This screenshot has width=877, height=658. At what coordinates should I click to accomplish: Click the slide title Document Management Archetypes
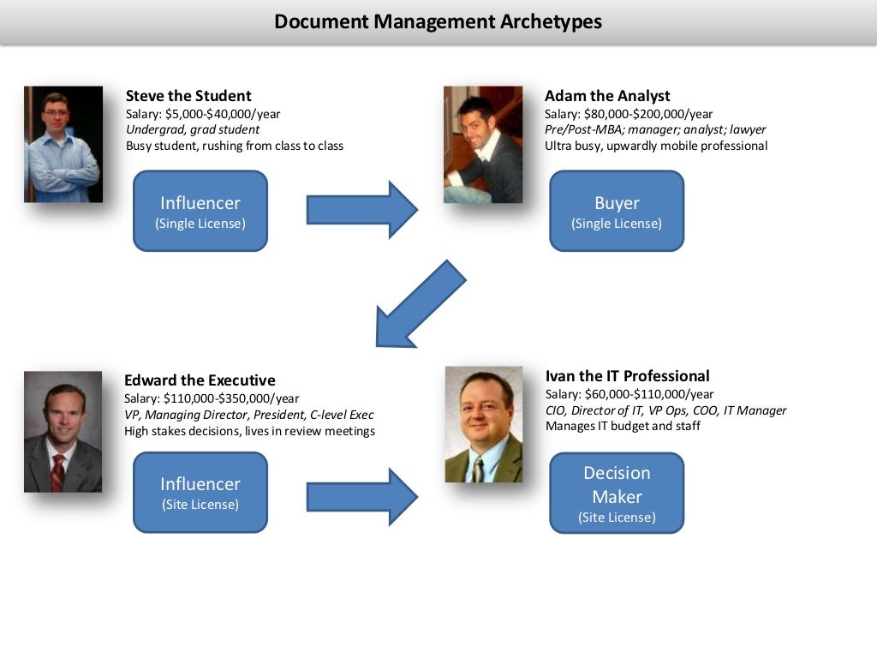point(438,21)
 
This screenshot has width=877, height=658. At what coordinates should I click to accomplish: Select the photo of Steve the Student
point(63,144)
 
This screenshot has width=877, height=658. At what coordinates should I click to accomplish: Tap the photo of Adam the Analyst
point(482,144)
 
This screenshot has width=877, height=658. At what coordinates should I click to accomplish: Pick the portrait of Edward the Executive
point(63,431)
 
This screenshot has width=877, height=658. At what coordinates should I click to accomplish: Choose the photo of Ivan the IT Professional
point(484,424)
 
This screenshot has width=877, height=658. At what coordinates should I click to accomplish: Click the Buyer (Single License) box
point(617,211)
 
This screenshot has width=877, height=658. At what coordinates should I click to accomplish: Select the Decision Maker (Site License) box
point(617,493)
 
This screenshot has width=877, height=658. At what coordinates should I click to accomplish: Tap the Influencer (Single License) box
point(200,211)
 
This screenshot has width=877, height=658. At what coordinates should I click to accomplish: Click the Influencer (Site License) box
point(200,493)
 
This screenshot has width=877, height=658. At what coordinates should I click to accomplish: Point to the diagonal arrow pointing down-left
point(420,304)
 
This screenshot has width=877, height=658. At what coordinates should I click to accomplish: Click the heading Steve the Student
point(188,96)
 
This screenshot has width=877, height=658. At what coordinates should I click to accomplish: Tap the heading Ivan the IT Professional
point(627,376)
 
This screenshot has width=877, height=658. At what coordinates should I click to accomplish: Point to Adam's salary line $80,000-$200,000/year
point(629,114)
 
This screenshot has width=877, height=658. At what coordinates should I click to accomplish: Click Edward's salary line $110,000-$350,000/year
point(212,398)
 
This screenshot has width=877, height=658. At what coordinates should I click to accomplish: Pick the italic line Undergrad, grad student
point(193,129)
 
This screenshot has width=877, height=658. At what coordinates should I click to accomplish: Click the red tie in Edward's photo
point(57,472)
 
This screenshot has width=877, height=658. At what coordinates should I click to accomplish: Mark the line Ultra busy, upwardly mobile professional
point(656,146)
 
